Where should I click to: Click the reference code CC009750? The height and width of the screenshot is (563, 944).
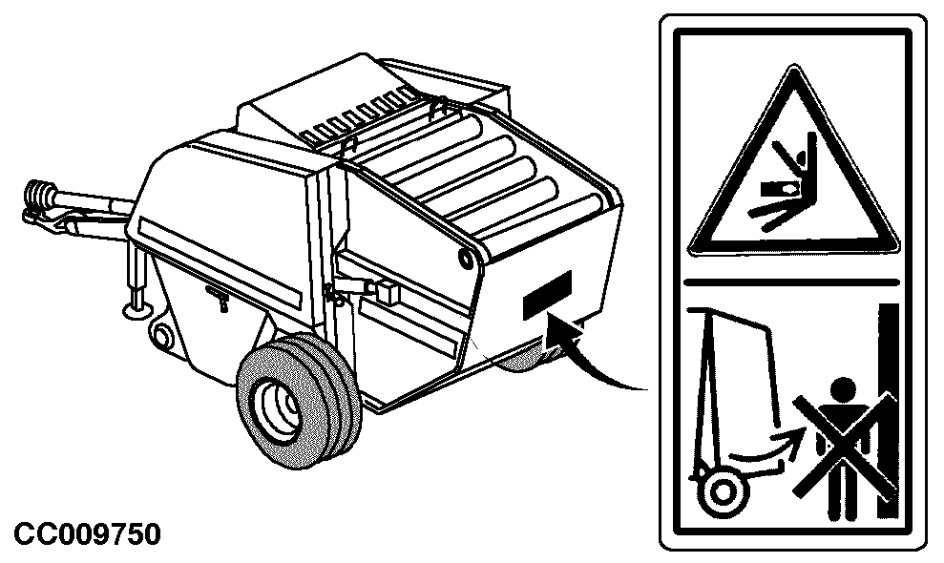click(x=87, y=534)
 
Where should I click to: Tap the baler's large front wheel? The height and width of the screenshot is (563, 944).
click(x=299, y=401)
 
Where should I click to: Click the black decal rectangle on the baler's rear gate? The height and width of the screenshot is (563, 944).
click(x=547, y=295)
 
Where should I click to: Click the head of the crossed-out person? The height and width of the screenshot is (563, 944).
click(x=843, y=389)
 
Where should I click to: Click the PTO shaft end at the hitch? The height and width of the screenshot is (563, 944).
click(x=37, y=195)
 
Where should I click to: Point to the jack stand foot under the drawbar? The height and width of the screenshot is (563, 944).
click(x=136, y=311)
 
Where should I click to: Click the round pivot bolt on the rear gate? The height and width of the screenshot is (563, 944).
click(x=466, y=259)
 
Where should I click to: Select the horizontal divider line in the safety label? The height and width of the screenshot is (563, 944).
click(x=791, y=281)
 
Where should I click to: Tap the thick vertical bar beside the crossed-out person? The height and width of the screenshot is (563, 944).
click(x=888, y=410)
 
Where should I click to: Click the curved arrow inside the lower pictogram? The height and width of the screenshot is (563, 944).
click(x=765, y=448)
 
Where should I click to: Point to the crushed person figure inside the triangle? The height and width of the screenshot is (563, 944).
click(x=782, y=180)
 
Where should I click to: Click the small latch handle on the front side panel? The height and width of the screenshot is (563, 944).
click(x=218, y=296)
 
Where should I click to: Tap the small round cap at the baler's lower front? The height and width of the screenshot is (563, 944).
click(x=160, y=335)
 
